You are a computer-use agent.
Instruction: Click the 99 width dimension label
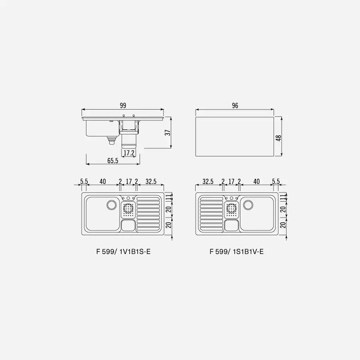pyautogui.click(x=123, y=106)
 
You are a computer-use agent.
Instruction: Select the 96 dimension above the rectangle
pyautogui.click(x=235, y=106)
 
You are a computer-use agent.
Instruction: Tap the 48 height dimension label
pyautogui.click(x=278, y=138)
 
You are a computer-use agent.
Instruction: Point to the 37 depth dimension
pyautogui.click(x=168, y=133)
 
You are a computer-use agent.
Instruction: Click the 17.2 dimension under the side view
pyautogui.click(x=129, y=153)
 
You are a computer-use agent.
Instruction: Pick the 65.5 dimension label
pyautogui.click(x=113, y=161)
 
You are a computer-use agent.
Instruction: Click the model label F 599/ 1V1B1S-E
pyautogui.click(x=123, y=252)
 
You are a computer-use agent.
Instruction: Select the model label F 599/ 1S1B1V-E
pyautogui.click(x=236, y=252)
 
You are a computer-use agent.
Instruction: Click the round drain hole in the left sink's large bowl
pyautogui.click(x=112, y=204)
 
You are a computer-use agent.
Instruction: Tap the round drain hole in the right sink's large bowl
pyautogui.click(x=248, y=205)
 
